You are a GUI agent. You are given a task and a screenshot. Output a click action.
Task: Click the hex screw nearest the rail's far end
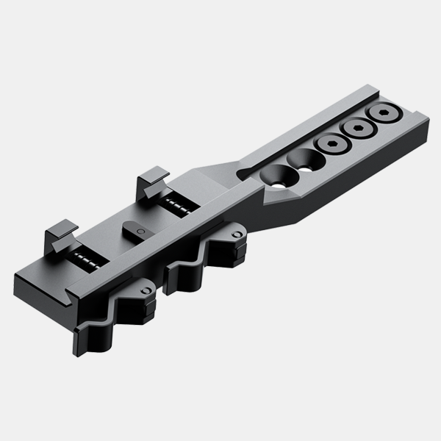point(387,115)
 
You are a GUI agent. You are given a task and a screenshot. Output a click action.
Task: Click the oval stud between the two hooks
point(137,228)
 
